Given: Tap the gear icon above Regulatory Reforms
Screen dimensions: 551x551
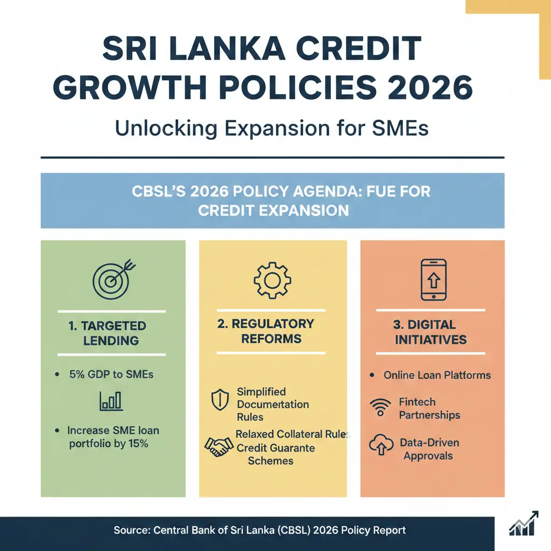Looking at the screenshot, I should (272, 280).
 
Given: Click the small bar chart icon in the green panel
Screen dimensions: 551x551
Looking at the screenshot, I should (111, 401).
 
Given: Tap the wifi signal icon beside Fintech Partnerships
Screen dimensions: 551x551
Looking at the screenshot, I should (381, 407).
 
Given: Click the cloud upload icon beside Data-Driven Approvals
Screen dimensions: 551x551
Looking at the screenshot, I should (381, 446).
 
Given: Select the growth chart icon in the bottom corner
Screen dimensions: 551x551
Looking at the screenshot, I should (524, 525).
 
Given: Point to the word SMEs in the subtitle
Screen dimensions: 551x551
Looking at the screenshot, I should (399, 130).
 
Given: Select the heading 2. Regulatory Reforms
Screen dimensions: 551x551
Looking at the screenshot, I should (272, 331).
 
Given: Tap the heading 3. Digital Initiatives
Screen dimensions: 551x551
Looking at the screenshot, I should (430, 332).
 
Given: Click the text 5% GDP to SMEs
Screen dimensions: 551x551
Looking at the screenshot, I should (111, 374).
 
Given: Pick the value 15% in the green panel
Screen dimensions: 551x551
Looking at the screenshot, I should (138, 444).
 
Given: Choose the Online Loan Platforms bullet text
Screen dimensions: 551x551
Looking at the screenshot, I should (437, 375).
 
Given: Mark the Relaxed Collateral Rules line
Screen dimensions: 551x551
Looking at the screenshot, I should (292, 434).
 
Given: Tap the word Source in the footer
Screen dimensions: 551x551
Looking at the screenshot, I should (131, 530).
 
